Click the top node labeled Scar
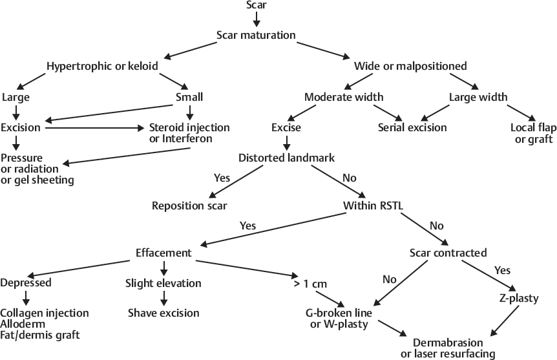tap(256, 6)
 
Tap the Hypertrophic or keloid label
tap(101, 66)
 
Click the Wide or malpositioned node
tap(410, 66)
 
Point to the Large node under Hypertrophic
tap(16, 97)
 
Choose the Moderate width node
tap(344, 97)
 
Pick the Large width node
tap(478, 97)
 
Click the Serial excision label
tap(412, 127)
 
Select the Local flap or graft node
tap(532, 133)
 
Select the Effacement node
tap(163, 252)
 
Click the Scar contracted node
tap(448, 252)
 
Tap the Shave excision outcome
tap(163, 313)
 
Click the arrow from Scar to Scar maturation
tap(256, 20)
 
